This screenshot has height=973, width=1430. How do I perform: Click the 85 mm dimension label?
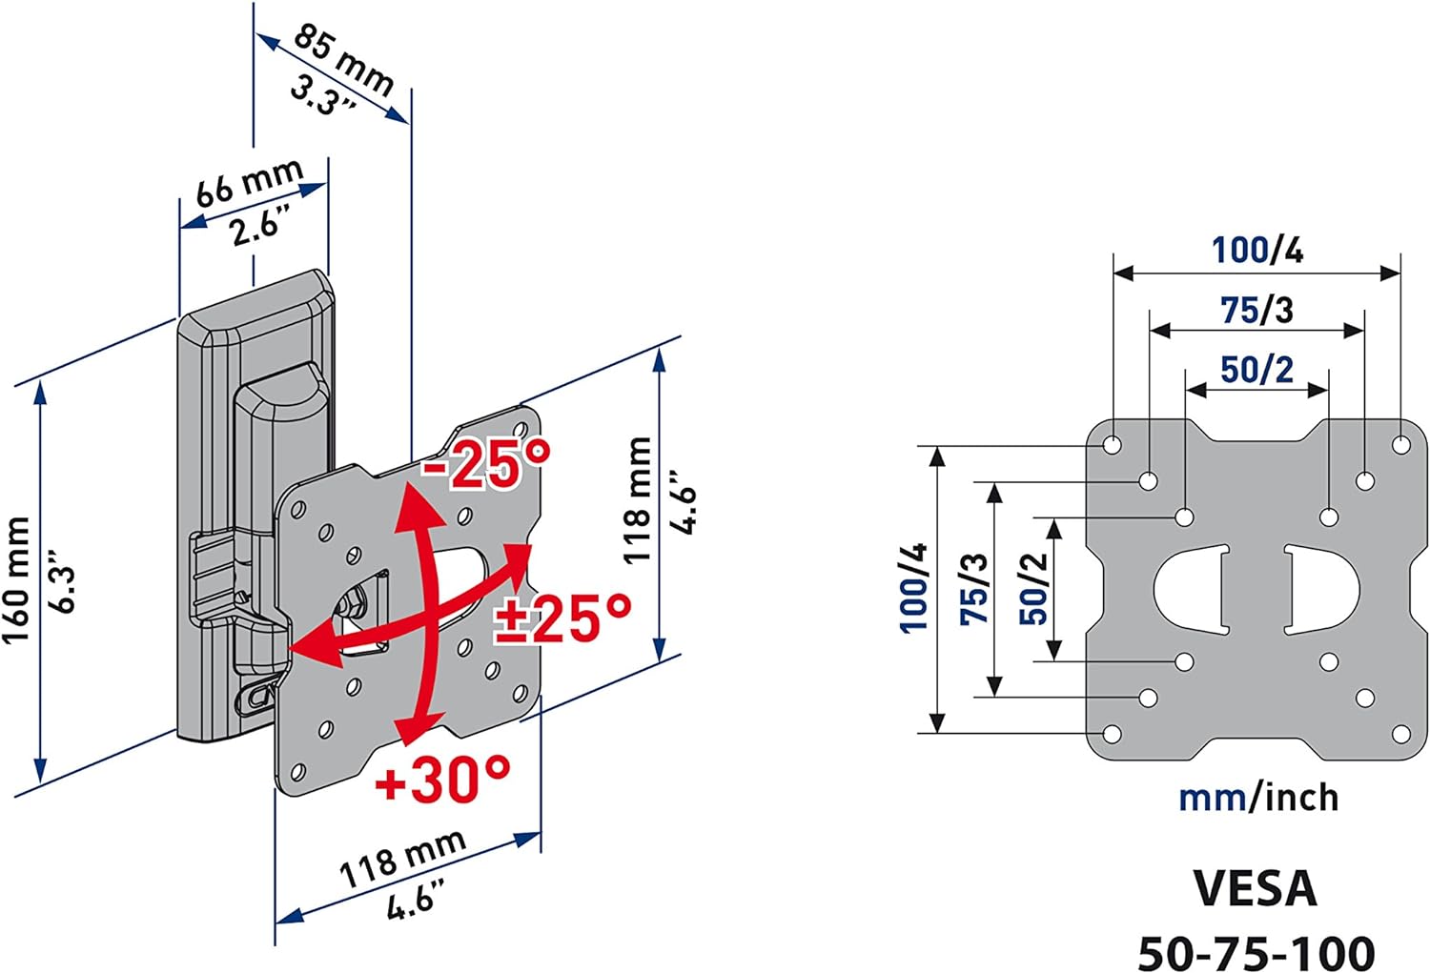[343, 60]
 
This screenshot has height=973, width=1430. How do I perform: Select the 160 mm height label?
[16, 580]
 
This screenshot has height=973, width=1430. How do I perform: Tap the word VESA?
[1256, 889]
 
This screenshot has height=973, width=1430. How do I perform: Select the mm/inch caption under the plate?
[1258, 799]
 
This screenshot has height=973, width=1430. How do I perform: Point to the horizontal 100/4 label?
[1257, 250]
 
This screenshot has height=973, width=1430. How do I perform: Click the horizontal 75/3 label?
[1257, 310]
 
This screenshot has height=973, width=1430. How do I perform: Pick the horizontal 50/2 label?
[1257, 370]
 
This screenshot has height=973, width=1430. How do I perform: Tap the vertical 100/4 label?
[913, 588]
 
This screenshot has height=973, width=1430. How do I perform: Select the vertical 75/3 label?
[973, 588]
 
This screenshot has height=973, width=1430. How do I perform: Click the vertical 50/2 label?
[1033, 588]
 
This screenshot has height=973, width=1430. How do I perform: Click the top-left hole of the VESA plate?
[1113, 444]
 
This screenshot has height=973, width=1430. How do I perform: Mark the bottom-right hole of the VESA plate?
[1401, 734]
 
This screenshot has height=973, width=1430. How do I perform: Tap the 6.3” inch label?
[63, 588]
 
